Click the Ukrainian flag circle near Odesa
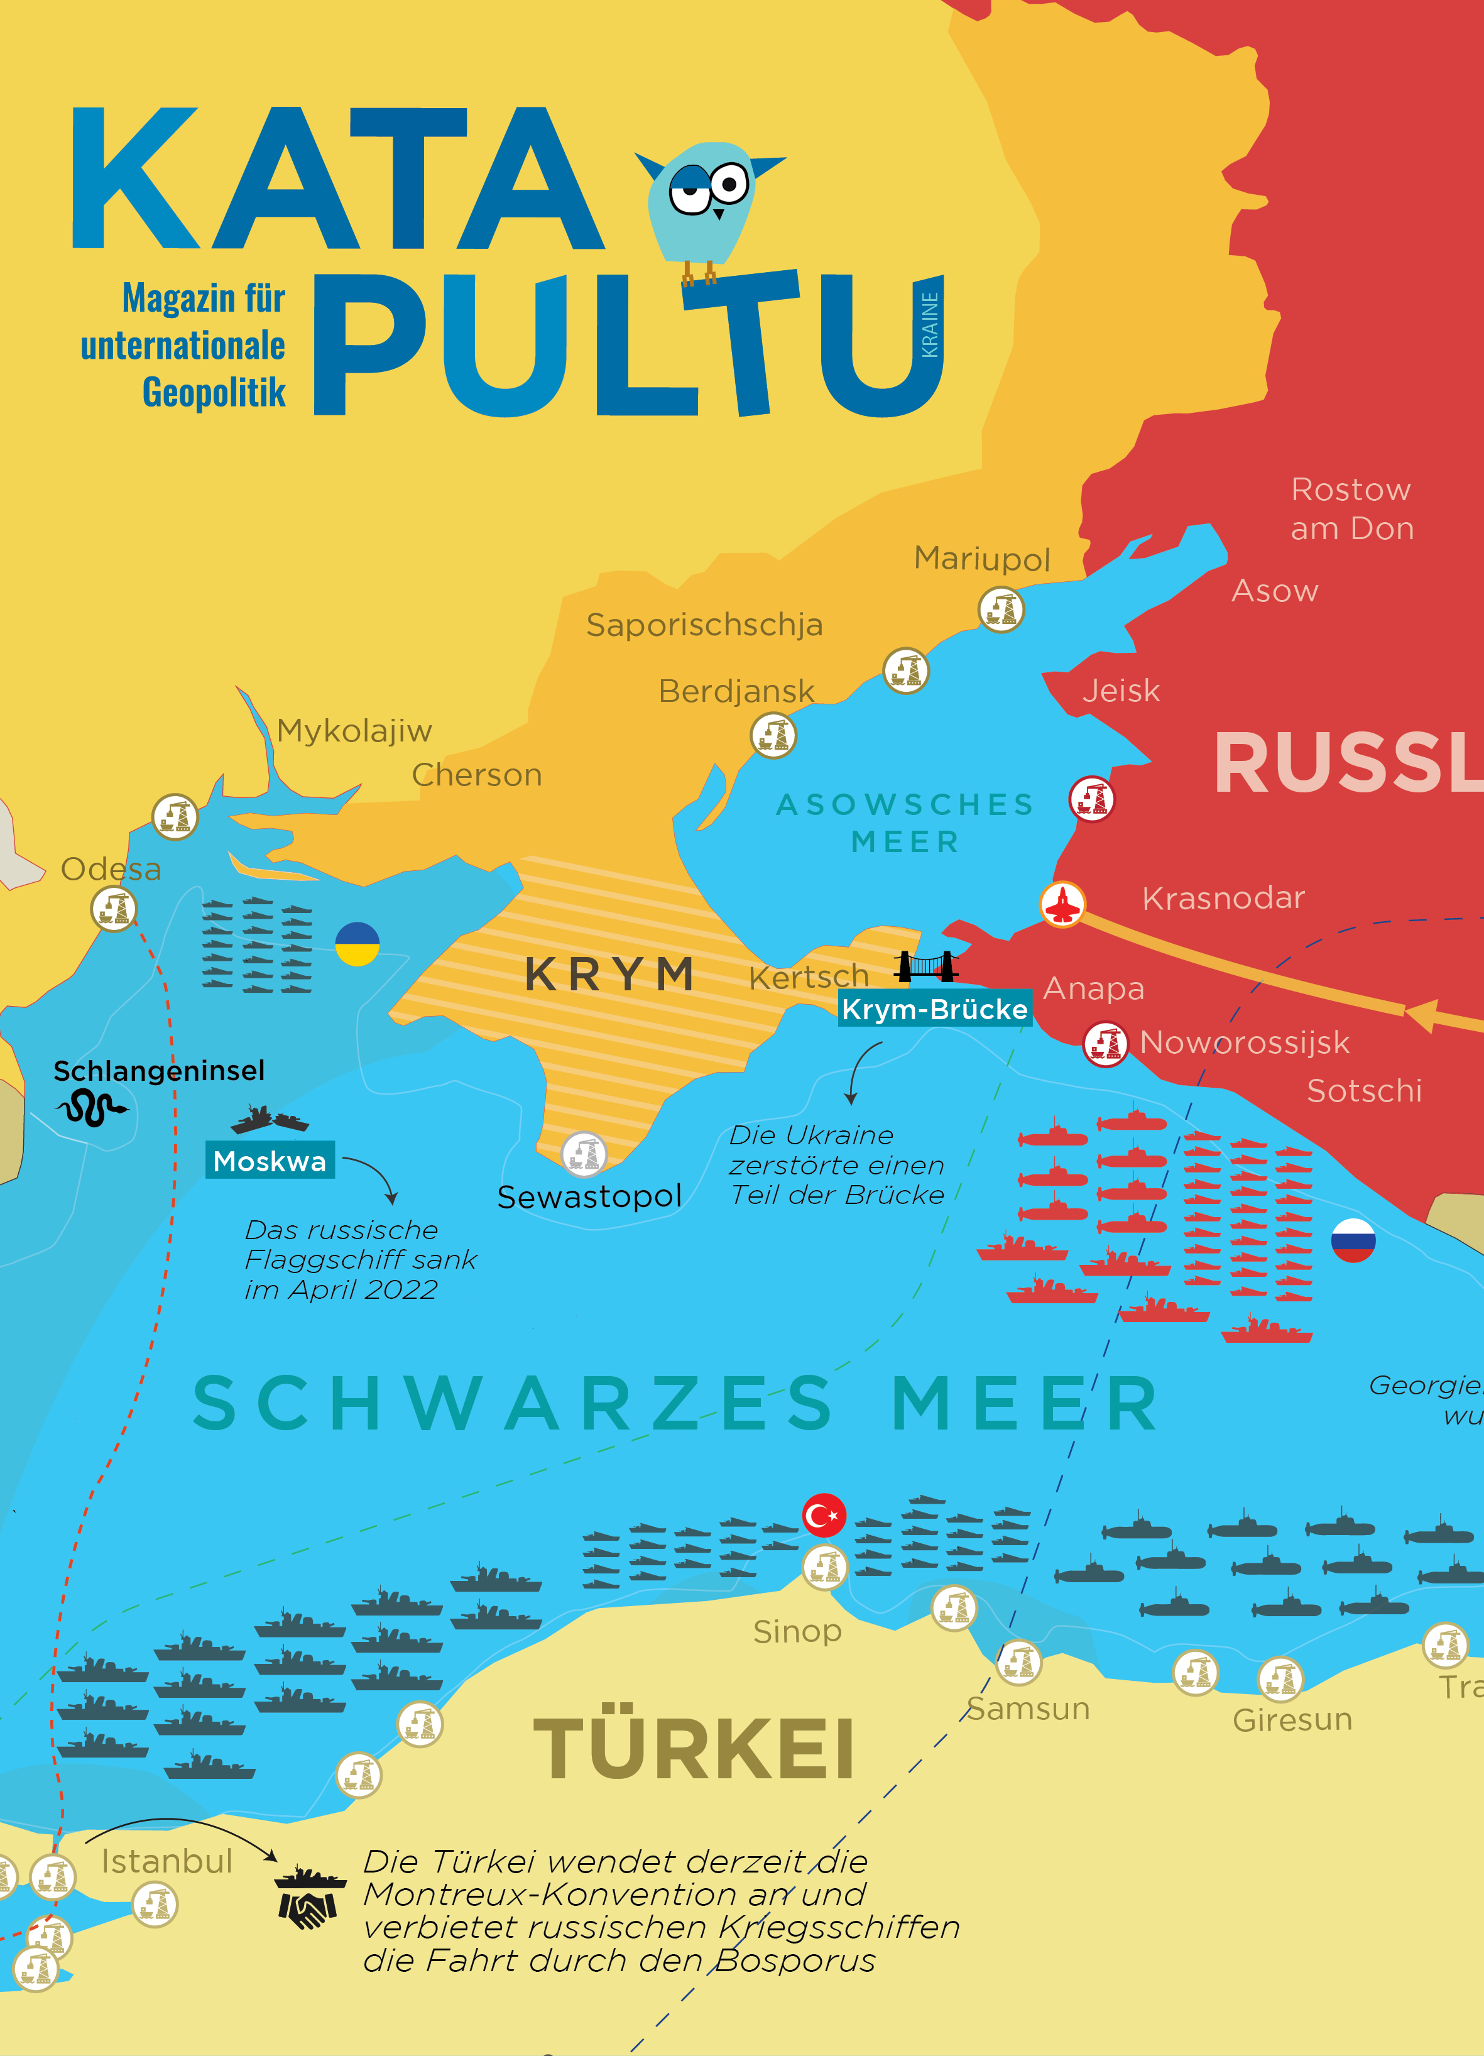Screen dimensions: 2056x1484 click(357, 944)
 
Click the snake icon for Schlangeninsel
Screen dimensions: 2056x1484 click(90, 1108)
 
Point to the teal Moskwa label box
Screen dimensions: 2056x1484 click(270, 1161)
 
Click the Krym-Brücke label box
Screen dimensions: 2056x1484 click(934, 1009)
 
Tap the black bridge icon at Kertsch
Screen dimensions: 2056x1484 click(925, 966)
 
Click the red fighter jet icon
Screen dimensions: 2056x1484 click(1062, 904)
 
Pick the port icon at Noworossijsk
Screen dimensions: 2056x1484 click(1105, 1044)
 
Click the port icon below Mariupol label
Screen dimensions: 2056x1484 click(1001, 609)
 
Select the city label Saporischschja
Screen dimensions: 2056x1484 click(704, 625)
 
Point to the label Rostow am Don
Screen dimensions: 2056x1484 click(1351, 508)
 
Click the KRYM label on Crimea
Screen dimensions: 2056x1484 click(610, 975)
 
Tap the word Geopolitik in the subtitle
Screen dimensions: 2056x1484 click(214, 393)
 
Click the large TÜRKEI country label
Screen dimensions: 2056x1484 click(694, 1749)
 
